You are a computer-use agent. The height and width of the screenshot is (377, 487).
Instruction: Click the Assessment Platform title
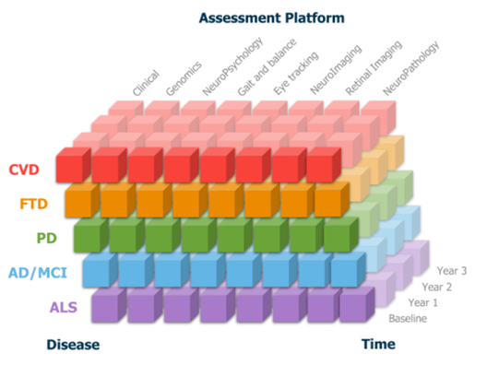(271, 18)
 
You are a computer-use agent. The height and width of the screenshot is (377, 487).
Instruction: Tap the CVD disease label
(24, 170)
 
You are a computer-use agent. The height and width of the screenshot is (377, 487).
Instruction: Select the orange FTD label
(33, 204)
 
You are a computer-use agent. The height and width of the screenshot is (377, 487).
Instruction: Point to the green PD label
(47, 239)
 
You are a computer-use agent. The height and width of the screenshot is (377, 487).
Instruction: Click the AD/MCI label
(38, 273)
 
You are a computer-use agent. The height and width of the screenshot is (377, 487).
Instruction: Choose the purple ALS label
(64, 307)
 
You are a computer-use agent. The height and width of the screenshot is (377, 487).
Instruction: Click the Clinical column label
(146, 83)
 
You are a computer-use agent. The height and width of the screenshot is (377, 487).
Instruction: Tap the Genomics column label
(184, 78)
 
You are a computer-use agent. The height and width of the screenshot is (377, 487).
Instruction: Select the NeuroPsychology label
(232, 66)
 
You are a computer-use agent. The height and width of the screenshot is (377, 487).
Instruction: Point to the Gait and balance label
(267, 67)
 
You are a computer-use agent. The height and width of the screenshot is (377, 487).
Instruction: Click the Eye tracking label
(296, 73)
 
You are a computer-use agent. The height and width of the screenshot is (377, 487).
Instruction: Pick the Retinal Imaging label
(374, 67)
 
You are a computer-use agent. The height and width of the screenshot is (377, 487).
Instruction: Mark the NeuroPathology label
(410, 68)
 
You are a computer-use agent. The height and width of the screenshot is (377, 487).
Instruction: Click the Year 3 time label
(452, 271)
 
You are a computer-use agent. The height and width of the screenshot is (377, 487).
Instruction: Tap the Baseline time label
(408, 318)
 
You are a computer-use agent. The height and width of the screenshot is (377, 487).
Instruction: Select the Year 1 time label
(422, 302)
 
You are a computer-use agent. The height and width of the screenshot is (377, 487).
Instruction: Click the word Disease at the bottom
(73, 345)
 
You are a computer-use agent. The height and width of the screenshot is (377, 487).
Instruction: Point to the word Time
(378, 344)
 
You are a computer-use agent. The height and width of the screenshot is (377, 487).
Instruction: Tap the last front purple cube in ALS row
(357, 304)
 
